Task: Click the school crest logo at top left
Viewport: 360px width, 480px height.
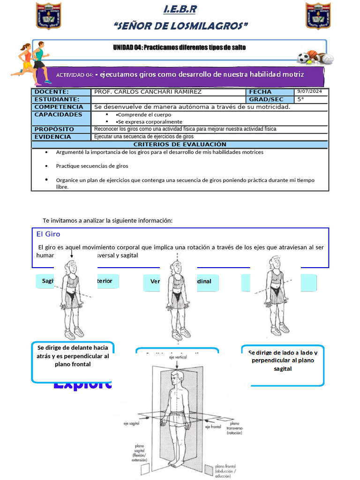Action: coord(49,15)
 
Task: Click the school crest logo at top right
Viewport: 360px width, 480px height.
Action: coord(318,15)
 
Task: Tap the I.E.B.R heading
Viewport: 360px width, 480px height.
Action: coord(180,9)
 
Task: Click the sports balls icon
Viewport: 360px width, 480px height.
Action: coord(315,57)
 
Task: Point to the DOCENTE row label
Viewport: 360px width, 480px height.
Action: coord(52,92)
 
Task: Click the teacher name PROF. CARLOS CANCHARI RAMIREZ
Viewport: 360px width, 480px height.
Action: coord(148,92)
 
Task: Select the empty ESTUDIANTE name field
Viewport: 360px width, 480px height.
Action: coord(169,99)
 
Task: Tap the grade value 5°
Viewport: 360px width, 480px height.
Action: coord(300,99)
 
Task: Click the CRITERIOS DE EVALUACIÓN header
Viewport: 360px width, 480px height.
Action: coord(180,144)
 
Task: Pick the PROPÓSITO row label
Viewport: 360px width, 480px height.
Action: coord(54,129)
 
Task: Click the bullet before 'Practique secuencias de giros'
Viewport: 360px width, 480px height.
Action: coord(46,166)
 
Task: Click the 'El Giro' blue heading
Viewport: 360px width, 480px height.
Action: coord(48,234)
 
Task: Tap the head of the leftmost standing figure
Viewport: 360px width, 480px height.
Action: coord(71,267)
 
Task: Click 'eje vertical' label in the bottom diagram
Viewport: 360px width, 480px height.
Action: coord(178,357)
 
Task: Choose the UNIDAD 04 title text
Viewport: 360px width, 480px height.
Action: coord(179,47)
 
